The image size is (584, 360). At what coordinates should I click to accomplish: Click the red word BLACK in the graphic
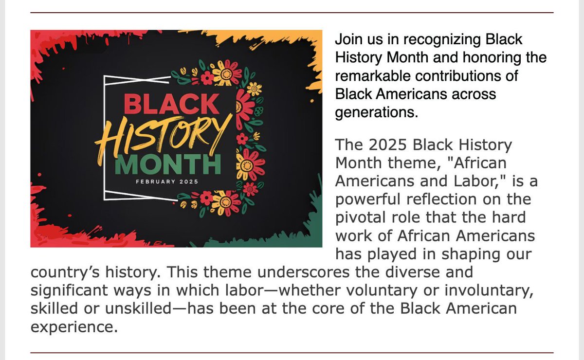pos(171,104)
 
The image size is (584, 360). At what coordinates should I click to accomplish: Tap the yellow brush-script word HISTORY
pos(164,138)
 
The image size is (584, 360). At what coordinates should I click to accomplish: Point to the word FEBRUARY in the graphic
pos(156,181)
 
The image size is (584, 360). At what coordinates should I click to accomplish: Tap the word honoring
pos(492,58)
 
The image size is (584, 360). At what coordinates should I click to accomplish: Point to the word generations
pos(377,113)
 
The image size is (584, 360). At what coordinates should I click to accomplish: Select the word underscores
pos(304,272)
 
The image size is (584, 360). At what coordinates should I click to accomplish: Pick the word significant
pos(69,290)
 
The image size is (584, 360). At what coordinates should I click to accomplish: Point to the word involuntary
pos(489,290)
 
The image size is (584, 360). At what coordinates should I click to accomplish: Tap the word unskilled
pos(138,308)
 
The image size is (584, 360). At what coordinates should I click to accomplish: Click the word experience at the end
pos(74,327)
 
